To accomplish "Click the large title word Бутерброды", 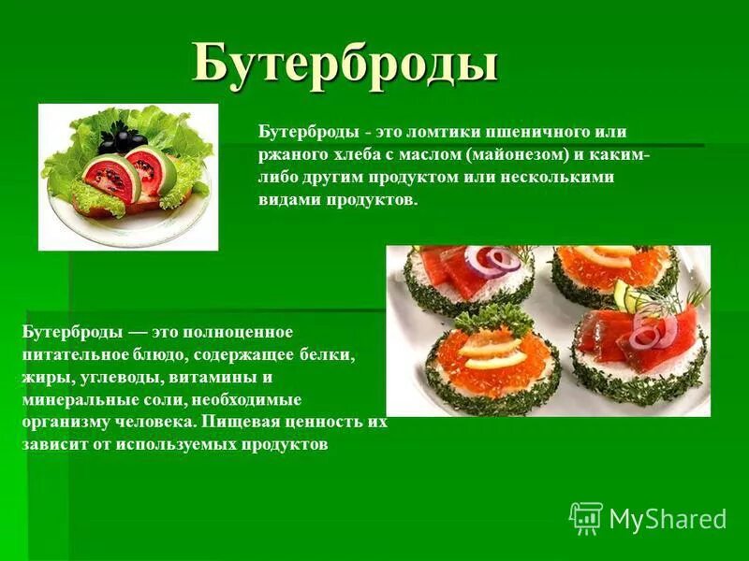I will coord(345,65).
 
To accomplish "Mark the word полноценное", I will coord(244,333).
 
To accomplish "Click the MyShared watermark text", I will coord(667,520).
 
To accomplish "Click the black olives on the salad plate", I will coord(114,140).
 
